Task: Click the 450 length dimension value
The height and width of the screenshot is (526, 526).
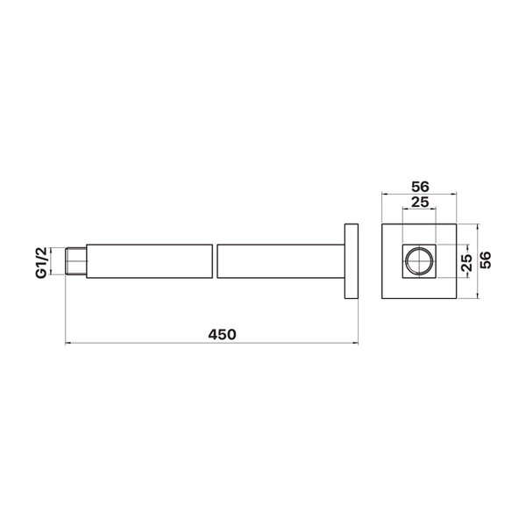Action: click(222, 335)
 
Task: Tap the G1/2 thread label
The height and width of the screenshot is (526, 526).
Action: click(41, 262)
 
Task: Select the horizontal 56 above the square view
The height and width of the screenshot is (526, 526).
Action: click(420, 187)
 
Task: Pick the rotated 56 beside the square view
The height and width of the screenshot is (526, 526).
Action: click(485, 260)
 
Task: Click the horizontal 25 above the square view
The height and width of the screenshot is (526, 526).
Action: click(420, 203)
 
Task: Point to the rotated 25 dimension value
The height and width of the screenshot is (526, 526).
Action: click(466, 263)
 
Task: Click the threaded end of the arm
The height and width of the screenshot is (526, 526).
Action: click(75, 261)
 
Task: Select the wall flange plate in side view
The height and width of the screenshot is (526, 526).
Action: click(352, 261)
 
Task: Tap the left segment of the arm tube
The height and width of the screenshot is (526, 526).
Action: click(149, 261)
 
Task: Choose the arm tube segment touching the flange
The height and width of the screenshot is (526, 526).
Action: click(281, 261)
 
